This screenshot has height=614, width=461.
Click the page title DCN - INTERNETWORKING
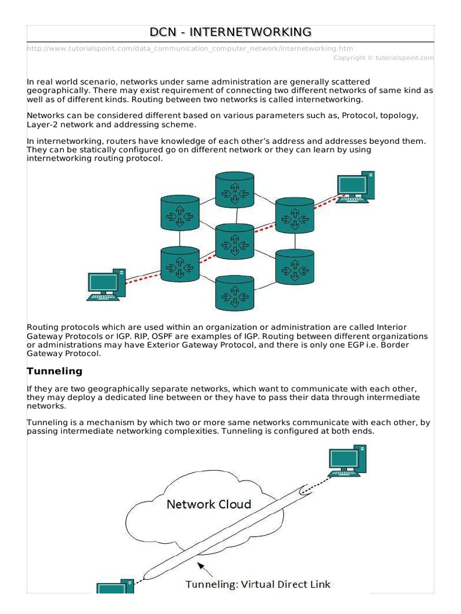click(x=230, y=32)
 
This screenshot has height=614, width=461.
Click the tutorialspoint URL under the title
click(x=190, y=49)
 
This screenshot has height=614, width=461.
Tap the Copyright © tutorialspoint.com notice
click(x=383, y=58)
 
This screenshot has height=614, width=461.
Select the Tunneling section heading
click(x=55, y=371)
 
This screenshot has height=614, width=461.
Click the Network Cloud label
click(x=208, y=504)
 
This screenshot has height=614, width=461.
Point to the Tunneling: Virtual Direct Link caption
click(x=258, y=584)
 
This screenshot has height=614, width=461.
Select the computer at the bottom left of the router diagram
click(x=106, y=284)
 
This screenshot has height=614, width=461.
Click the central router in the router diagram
click(x=235, y=241)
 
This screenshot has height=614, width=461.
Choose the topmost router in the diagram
click(x=235, y=189)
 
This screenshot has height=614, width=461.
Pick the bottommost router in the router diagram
click(x=235, y=294)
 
